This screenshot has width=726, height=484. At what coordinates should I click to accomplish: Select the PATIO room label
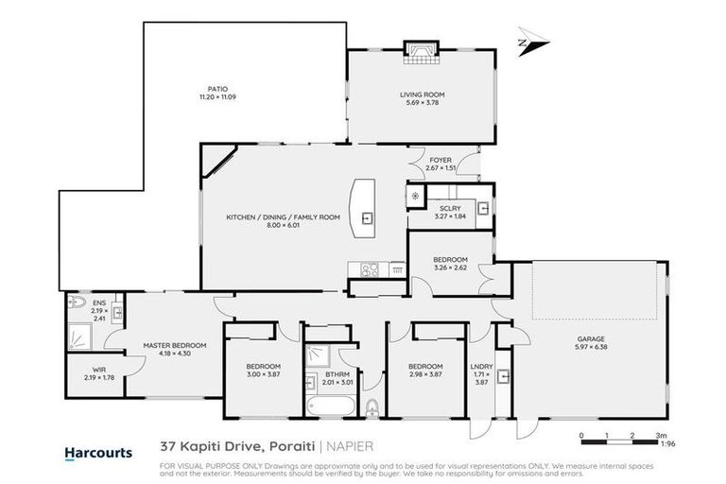tap(218, 89)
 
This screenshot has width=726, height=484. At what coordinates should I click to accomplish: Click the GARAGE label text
tap(591, 337)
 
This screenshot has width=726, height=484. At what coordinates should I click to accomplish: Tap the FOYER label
tap(441, 160)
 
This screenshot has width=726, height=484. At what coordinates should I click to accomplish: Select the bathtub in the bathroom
tap(331, 406)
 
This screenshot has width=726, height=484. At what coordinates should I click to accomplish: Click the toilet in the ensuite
tap(78, 303)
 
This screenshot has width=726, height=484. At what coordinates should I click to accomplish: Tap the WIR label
tap(99, 370)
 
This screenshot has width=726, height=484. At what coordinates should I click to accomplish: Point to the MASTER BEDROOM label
tap(174, 345)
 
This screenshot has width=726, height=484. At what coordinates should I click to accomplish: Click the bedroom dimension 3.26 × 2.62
tap(450, 268)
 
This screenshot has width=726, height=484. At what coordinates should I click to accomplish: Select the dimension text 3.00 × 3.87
tap(263, 374)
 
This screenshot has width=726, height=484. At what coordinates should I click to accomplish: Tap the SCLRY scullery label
tap(450, 208)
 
